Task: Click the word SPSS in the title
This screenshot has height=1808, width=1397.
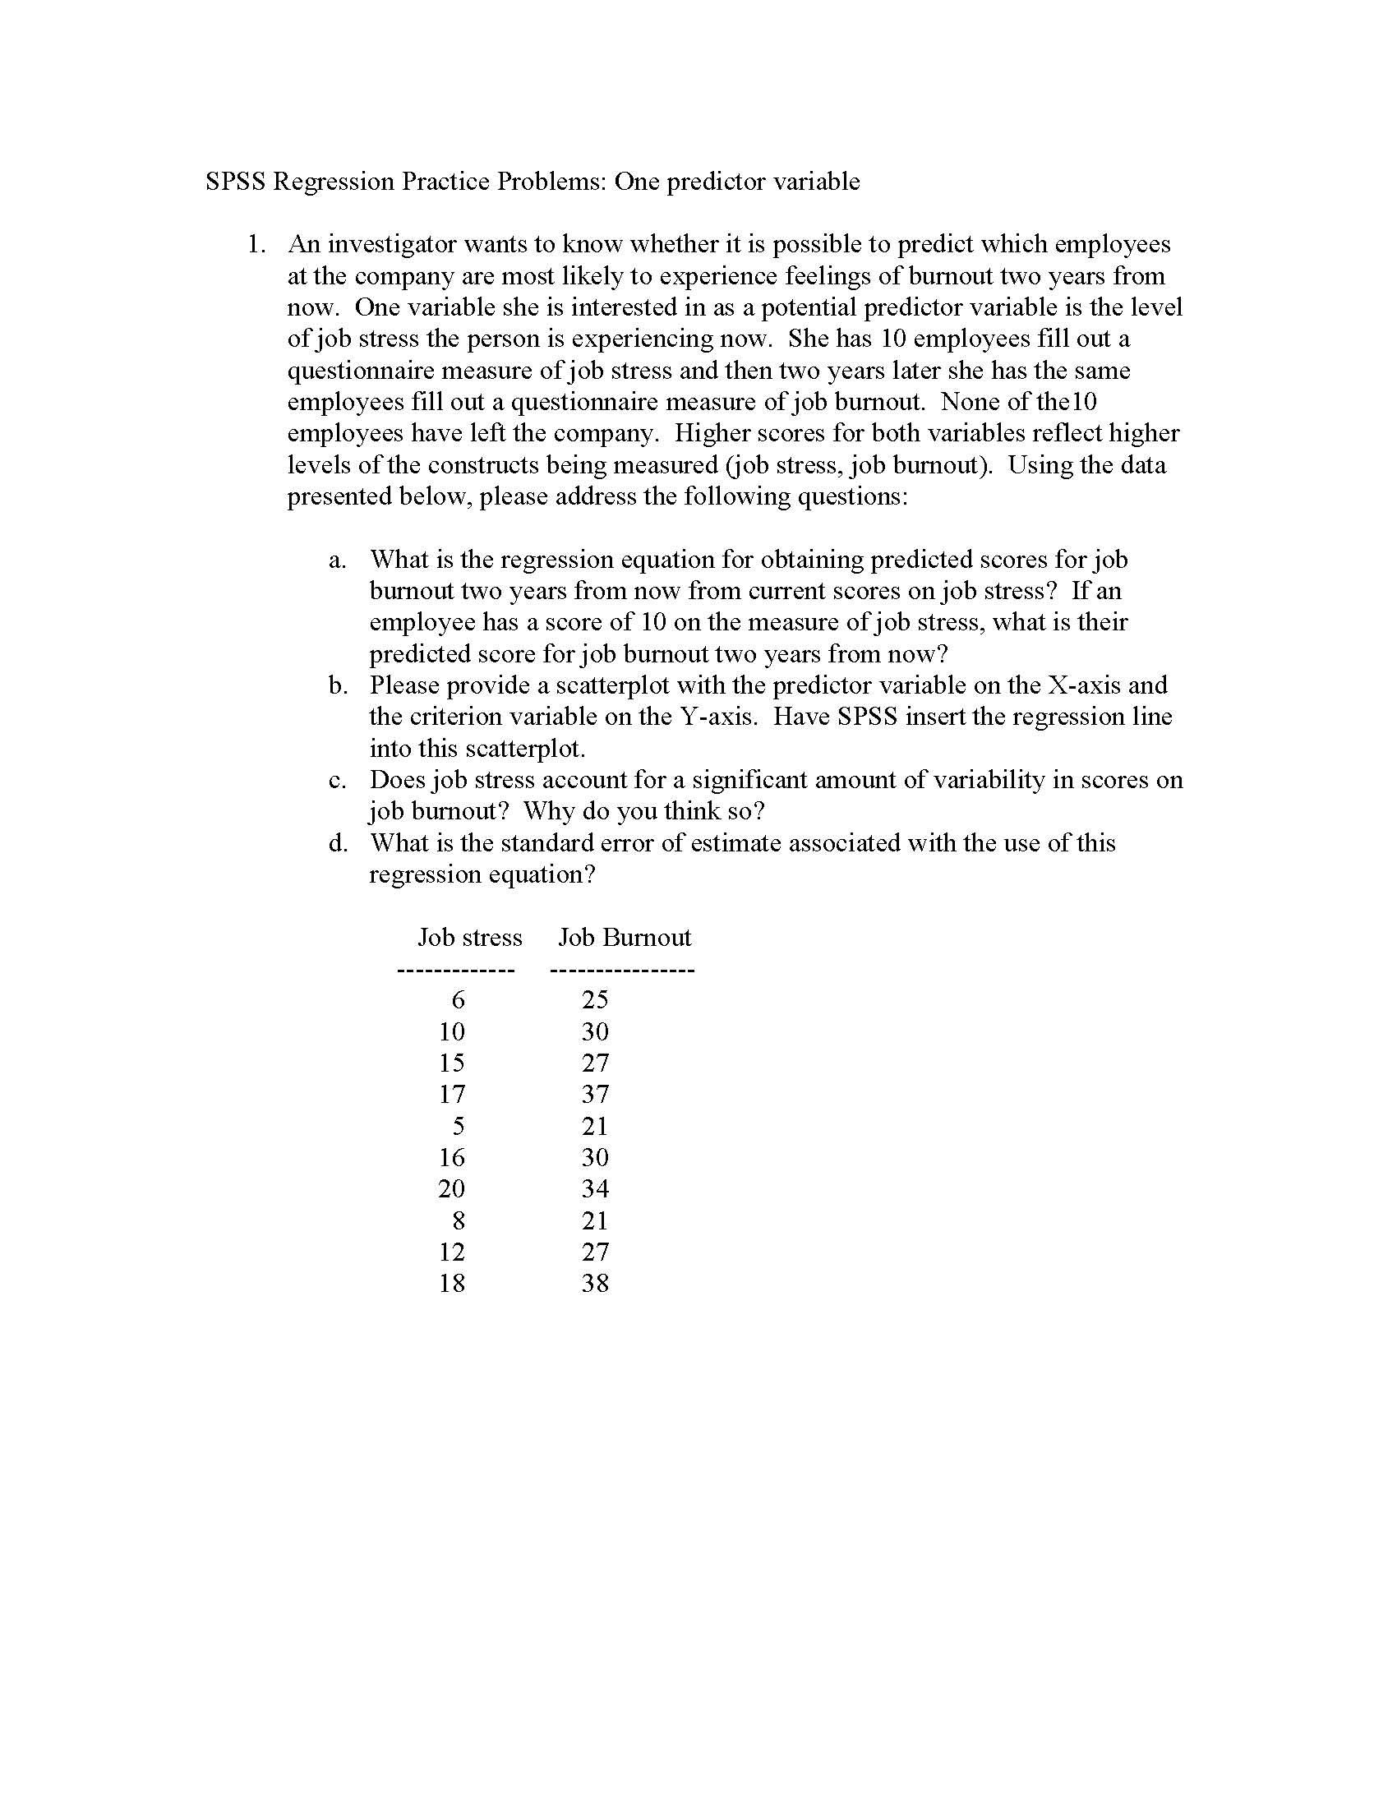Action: [235, 182]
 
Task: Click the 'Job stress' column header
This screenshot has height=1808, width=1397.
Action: [469, 937]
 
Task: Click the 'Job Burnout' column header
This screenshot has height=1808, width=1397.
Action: [624, 937]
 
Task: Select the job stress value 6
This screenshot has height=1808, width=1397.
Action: [458, 1000]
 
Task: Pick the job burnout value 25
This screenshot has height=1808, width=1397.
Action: [595, 1000]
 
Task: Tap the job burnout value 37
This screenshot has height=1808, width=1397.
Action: [595, 1095]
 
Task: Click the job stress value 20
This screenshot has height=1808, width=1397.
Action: [451, 1189]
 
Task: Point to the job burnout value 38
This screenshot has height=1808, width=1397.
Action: [595, 1283]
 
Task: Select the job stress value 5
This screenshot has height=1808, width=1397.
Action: [458, 1126]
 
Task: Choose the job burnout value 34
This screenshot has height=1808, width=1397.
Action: [595, 1189]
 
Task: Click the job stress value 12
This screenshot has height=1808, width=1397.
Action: [451, 1252]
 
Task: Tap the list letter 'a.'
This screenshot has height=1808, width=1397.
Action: [337, 560]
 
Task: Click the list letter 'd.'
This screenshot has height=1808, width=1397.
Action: [337, 842]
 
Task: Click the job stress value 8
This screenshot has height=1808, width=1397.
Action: [458, 1220]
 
